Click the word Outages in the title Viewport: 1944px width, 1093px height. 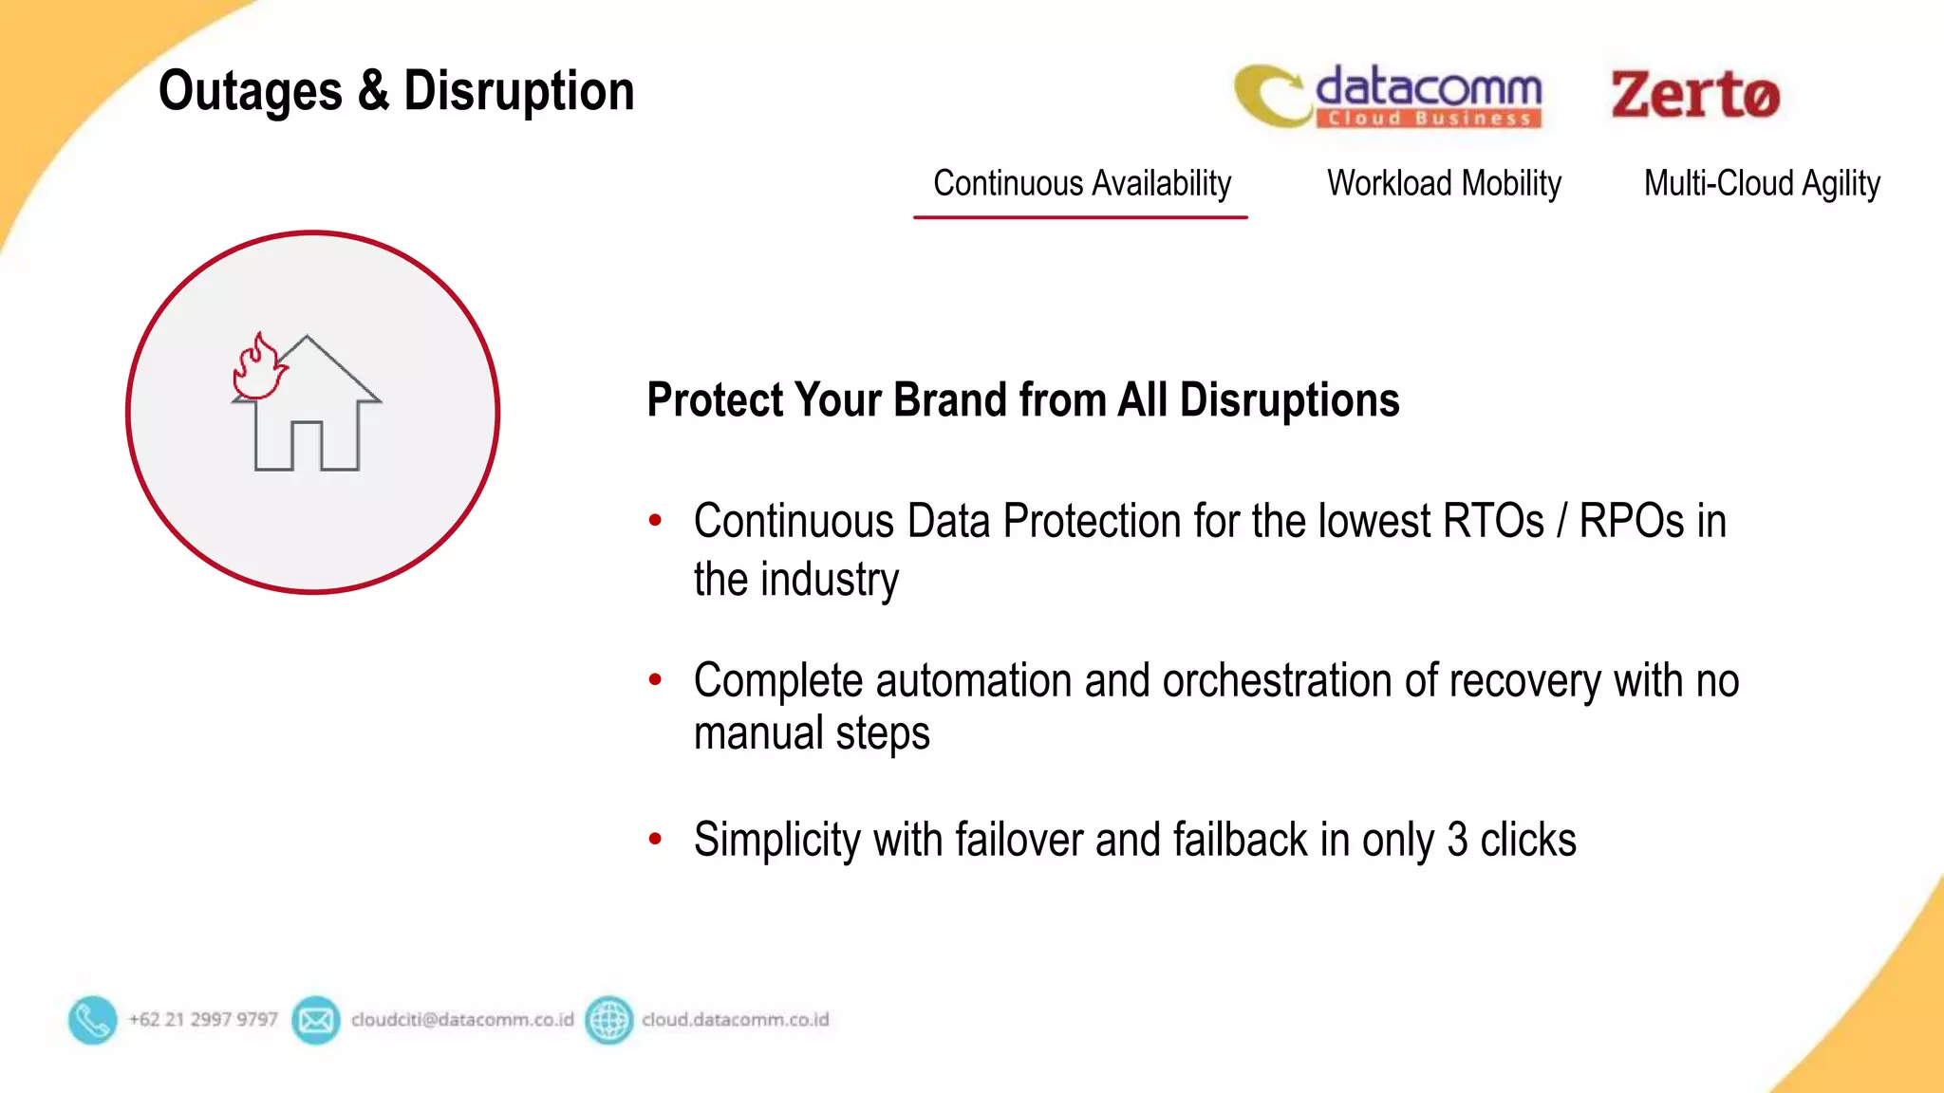click(x=250, y=92)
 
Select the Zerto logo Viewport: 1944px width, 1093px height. click(x=1695, y=95)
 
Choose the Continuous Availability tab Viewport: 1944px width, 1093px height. click(x=1081, y=183)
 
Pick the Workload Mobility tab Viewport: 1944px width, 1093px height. click(x=1444, y=183)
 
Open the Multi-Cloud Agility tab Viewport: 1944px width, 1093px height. click(x=1762, y=183)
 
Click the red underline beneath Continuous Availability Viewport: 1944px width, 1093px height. click(x=1080, y=217)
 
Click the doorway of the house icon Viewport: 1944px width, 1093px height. click(x=307, y=446)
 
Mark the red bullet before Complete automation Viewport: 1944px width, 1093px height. click(x=655, y=679)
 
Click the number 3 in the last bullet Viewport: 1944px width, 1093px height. click(x=1457, y=840)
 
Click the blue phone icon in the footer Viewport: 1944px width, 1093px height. click(x=92, y=1020)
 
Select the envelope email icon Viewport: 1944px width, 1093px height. click(x=316, y=1020)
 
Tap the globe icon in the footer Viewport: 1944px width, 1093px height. click(x=608, y=1020)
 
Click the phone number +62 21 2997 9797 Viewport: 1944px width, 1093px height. click(x=203, y=1020)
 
